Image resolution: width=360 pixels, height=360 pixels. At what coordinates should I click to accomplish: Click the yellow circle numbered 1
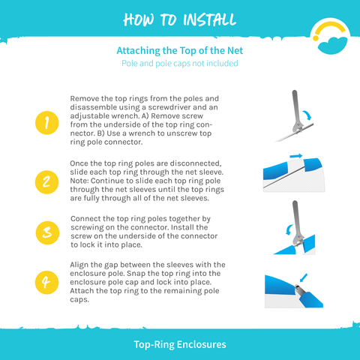pos(47,123)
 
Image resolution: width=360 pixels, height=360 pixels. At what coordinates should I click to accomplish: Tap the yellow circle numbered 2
pos(46,182)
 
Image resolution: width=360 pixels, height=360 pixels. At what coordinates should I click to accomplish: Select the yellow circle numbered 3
pos(47,232)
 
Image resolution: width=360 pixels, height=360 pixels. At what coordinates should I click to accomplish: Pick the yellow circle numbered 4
pos(46,283)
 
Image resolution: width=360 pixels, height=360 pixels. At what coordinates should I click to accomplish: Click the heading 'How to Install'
pos(180,19)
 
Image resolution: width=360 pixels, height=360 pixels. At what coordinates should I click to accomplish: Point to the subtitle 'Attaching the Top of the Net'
pos(180,51)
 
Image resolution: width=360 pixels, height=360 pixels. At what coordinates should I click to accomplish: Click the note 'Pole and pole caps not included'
pos(180,64)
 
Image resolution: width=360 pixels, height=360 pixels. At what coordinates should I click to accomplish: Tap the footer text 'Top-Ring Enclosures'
pos(180,344)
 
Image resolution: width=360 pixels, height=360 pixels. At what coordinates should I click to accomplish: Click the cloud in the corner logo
pos(332,45)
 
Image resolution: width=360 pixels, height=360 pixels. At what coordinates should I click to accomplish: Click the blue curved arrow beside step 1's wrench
pos(308,115)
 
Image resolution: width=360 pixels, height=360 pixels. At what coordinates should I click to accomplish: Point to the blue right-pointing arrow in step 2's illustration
pos(296,156)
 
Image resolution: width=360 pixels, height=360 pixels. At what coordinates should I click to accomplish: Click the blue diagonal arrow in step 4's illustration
pos(303,277)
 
